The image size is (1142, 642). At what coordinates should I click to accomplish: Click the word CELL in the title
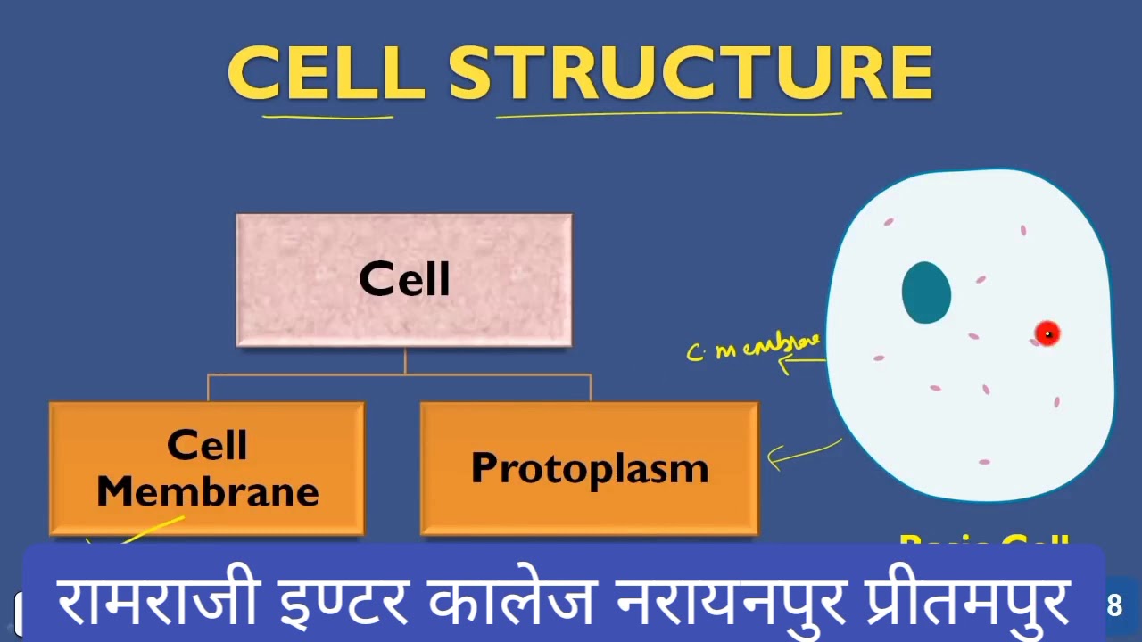tap(326, 73)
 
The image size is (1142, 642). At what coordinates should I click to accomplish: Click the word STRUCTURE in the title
tap(691, 73)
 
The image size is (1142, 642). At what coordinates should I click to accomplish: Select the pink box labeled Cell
tap(404, 280)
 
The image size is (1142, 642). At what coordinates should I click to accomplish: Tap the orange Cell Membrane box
tap(207, 468)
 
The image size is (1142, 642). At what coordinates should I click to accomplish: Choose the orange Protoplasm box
tap(589, 468)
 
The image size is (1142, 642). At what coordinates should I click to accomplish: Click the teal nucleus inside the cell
tap(926, 292)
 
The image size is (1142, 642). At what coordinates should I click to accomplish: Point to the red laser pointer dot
tap(1047, 333)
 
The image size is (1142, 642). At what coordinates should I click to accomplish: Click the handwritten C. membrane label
tap(754, 346)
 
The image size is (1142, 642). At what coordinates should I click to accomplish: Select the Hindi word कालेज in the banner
tap(511, 601)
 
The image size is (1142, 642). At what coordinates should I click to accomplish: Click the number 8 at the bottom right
tap(1113, 606)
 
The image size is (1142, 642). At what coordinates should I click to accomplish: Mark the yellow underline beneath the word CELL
tap(327, 115)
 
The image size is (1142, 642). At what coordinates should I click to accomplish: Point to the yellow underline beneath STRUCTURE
tap(669, 113)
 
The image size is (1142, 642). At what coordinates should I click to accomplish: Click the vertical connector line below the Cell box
tap(405, 360)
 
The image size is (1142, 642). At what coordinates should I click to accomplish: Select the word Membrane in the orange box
tap(207, 492)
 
